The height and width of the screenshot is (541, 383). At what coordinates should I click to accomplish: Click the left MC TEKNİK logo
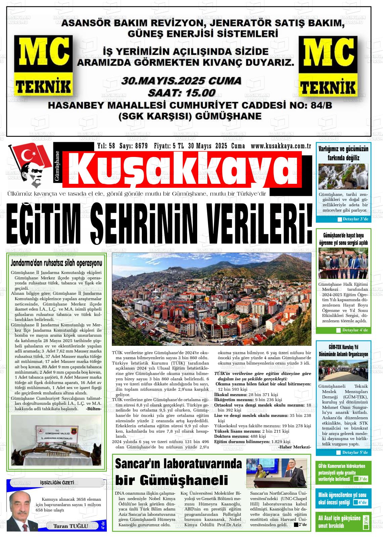coord(43,67)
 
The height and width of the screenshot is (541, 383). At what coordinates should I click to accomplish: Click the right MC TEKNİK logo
coord(328,67)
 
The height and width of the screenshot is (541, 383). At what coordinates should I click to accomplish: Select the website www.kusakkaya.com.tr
coord(280,146)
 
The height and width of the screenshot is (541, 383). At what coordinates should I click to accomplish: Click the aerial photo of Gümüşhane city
coord(211,299)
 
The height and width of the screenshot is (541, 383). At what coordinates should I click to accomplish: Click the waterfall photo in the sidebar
coord(343,176)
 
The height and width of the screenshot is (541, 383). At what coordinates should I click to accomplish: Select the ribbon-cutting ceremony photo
coord(343,263)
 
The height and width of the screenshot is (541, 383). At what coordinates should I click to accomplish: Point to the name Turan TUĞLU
coord(71,526)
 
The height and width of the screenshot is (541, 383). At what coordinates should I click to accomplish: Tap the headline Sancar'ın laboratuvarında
coord(178,464)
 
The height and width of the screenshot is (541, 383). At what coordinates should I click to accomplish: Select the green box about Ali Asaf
coord(343,522)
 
